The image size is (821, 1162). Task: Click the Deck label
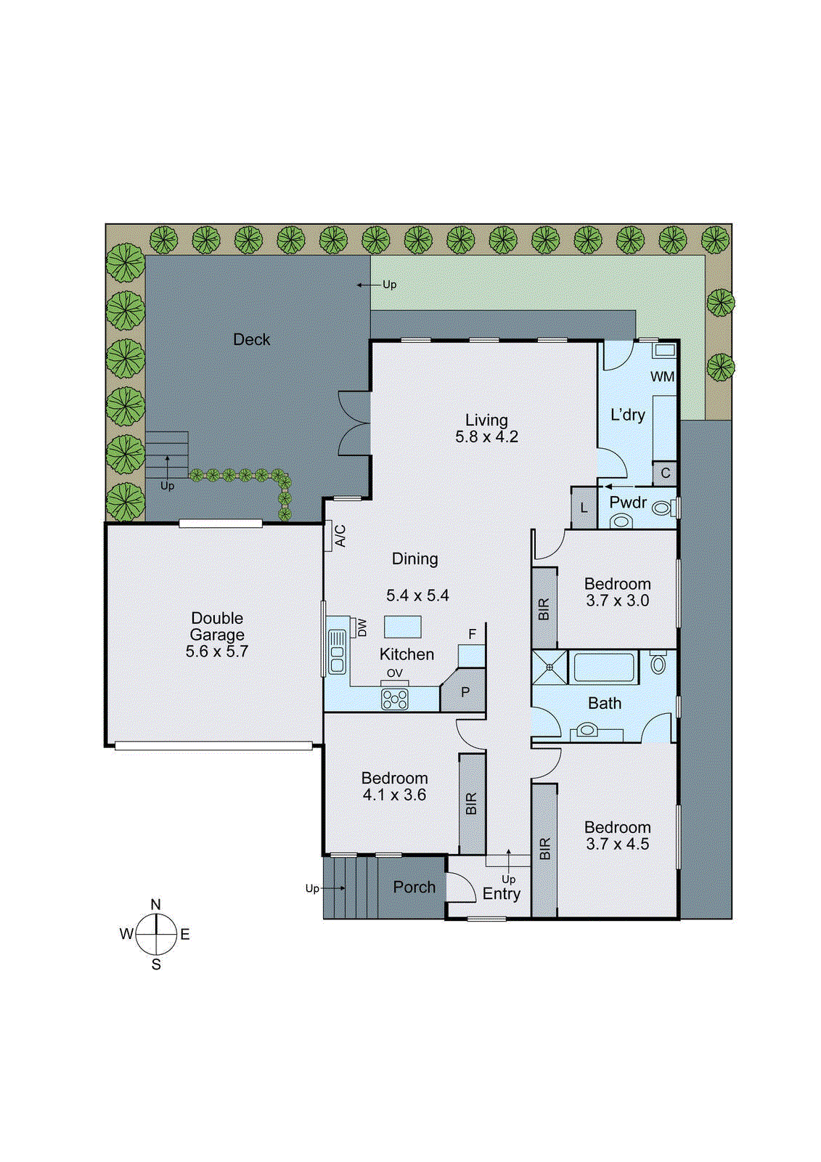251,339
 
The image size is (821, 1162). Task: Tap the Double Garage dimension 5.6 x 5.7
216,651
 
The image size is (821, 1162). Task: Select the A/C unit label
340,535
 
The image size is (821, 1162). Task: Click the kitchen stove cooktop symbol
395,699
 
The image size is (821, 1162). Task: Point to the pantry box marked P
465,692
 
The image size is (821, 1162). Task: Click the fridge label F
472,634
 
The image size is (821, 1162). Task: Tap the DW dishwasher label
362,627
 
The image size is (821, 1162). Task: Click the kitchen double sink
337,651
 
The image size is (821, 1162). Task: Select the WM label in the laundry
662,376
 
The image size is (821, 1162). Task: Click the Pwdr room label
628,502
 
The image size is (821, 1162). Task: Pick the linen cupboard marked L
584,508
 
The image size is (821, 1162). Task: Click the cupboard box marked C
665,473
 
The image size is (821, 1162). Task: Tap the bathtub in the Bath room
605,667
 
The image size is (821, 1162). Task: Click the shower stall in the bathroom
550,667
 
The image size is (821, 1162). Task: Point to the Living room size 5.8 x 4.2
486,436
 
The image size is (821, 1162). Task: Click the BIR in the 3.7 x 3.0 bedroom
544,608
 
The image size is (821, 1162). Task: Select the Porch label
414,887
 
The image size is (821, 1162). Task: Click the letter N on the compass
155,904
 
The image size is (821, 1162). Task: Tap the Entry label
501,894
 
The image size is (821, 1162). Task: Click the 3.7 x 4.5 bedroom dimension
617,844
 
